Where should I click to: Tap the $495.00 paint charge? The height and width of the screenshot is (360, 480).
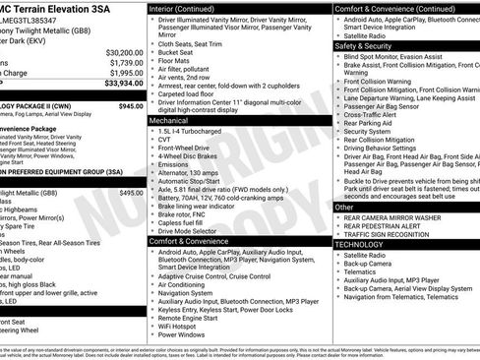pyautogui.click(x=130, y=194)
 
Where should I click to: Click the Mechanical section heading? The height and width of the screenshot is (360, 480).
pyautogui.click(x=175, y=120)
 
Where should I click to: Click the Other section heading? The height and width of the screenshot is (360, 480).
pyautogui.click(x=344, y=208)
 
